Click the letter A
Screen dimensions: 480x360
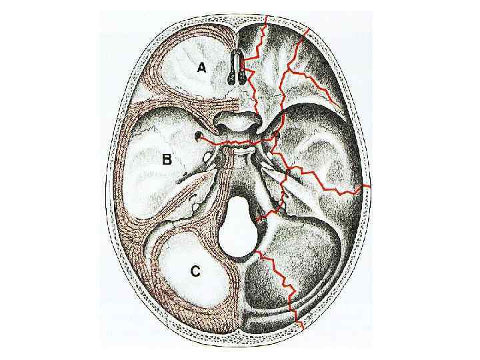click(202, 67)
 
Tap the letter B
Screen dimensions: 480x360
click(167, 159)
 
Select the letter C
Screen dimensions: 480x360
click(195, 271)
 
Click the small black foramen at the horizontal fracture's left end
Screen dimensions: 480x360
click(199, 137)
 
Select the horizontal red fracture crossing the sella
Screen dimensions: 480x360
click(233, 143)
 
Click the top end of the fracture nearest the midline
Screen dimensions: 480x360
click(266, 16)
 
